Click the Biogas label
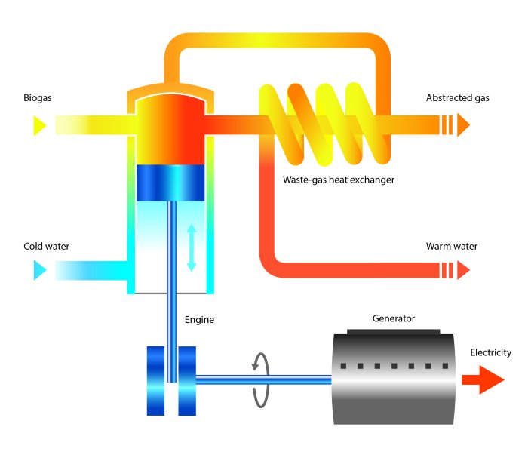(x=38, y=98)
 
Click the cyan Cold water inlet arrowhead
(x=40, y=270)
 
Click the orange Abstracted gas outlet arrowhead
(x=462, y=124)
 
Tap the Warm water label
(x=451, y=246)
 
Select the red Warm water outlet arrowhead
(x=462, y=269)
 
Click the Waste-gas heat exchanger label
(x=339, y=180)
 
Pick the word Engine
(x=199, y=320)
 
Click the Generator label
(x=394, y=318)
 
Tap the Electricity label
(x=490, y=352)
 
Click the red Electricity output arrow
(x=483, y=380)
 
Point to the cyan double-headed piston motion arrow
(x=191, y=247)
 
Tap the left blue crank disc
(x=155, y=380)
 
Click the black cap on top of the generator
(x=394, y=331)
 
